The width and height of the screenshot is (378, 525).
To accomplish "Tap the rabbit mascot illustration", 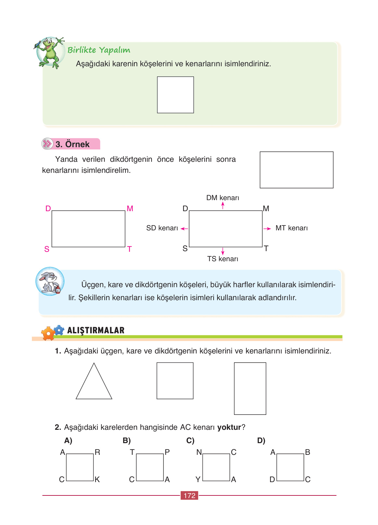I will [50, 281].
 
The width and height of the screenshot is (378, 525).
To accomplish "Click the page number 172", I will [189, 495].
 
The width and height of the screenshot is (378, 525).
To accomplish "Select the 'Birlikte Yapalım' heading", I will [99, 50].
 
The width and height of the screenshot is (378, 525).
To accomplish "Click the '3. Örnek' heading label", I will [72, 144].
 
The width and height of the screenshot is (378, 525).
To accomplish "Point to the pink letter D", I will [48, 209].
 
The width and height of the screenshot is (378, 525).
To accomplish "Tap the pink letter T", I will [129, 249].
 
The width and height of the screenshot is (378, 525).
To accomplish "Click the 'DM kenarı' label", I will [223, 198].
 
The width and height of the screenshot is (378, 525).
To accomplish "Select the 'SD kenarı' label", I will [162, 228].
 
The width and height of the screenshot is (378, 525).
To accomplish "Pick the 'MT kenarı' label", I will [292, 228].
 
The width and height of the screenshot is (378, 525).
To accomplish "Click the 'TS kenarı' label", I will [223, 259].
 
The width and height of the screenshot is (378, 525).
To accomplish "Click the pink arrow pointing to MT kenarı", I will [267, 229].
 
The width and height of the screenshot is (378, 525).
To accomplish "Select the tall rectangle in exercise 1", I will [250, 389].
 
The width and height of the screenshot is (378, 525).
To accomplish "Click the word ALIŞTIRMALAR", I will [96, 330].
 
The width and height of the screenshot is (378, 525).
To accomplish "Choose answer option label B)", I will [127, 441].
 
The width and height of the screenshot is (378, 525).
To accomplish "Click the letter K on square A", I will [97, 480].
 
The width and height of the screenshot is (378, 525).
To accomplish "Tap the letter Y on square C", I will [198, 480].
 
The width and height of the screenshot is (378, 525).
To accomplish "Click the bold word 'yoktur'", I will [229, 427].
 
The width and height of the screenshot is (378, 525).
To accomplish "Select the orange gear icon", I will [48, 334].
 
